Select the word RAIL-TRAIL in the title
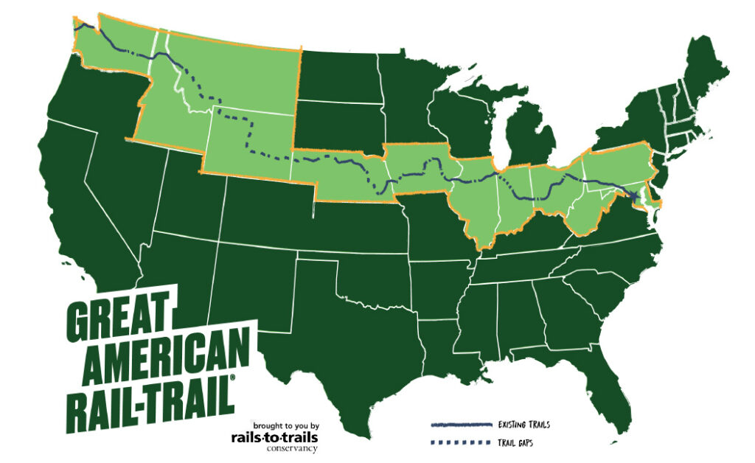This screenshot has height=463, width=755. point(151,396)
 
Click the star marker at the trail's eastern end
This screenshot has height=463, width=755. point(636,195)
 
